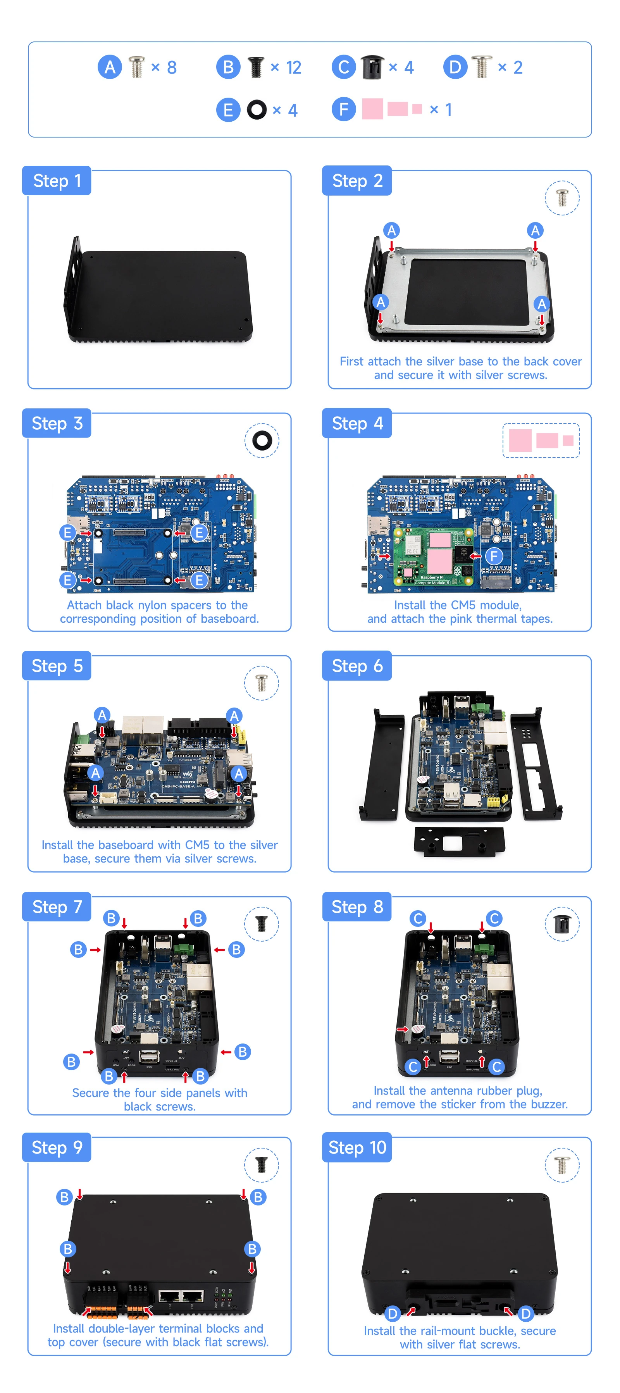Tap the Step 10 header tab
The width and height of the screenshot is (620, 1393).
point(356,1147)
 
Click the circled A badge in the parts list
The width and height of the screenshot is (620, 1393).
point(109,67)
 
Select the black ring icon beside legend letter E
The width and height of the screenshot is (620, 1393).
point(257,110)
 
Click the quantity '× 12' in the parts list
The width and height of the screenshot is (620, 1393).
point(286,67)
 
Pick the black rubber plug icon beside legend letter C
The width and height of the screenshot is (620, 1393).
point(372,67)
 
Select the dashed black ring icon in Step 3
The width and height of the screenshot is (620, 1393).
point(262,440)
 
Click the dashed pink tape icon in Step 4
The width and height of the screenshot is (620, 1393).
point(541,441)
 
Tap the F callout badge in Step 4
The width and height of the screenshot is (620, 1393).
point(493,556)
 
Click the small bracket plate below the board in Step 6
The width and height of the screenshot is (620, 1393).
point(459,842)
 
